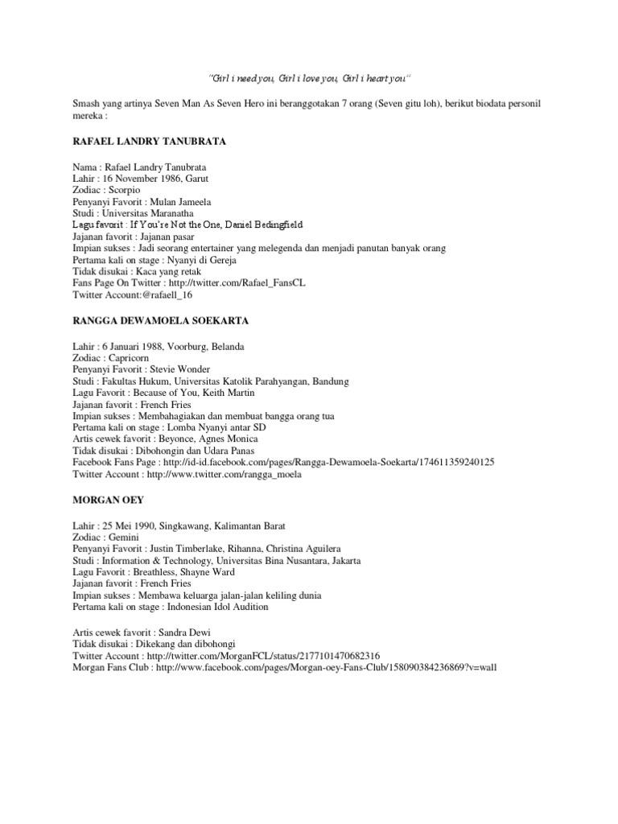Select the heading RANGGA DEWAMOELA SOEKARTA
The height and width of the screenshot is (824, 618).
[160, 320]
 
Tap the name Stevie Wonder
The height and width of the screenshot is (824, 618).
[182, 369]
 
